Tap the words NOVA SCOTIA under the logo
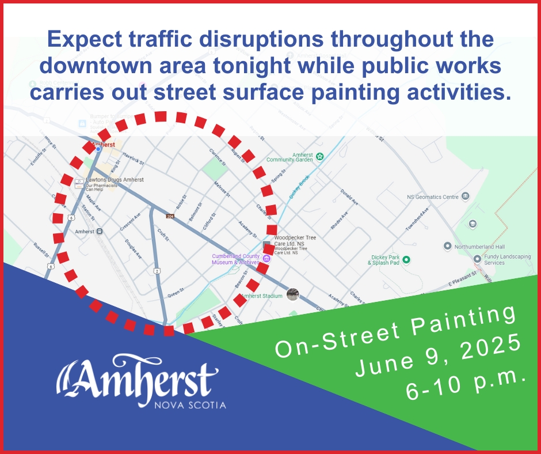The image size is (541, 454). click(x=191, y=405)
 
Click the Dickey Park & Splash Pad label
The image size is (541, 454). click(x=383, y=260)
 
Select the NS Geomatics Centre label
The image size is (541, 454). click(x=432, y=197)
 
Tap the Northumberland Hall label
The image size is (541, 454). click(x=479, y=246)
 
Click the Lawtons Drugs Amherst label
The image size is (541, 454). click(x=115, y=180)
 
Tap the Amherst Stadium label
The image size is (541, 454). click(x=262, y=296)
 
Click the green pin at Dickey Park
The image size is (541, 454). click(x=406, y=260)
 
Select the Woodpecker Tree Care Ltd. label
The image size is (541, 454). click(x=295, y=240)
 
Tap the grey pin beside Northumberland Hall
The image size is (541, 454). click(x=447, y=246)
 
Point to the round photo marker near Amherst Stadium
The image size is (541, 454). click(x=293, y=295)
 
